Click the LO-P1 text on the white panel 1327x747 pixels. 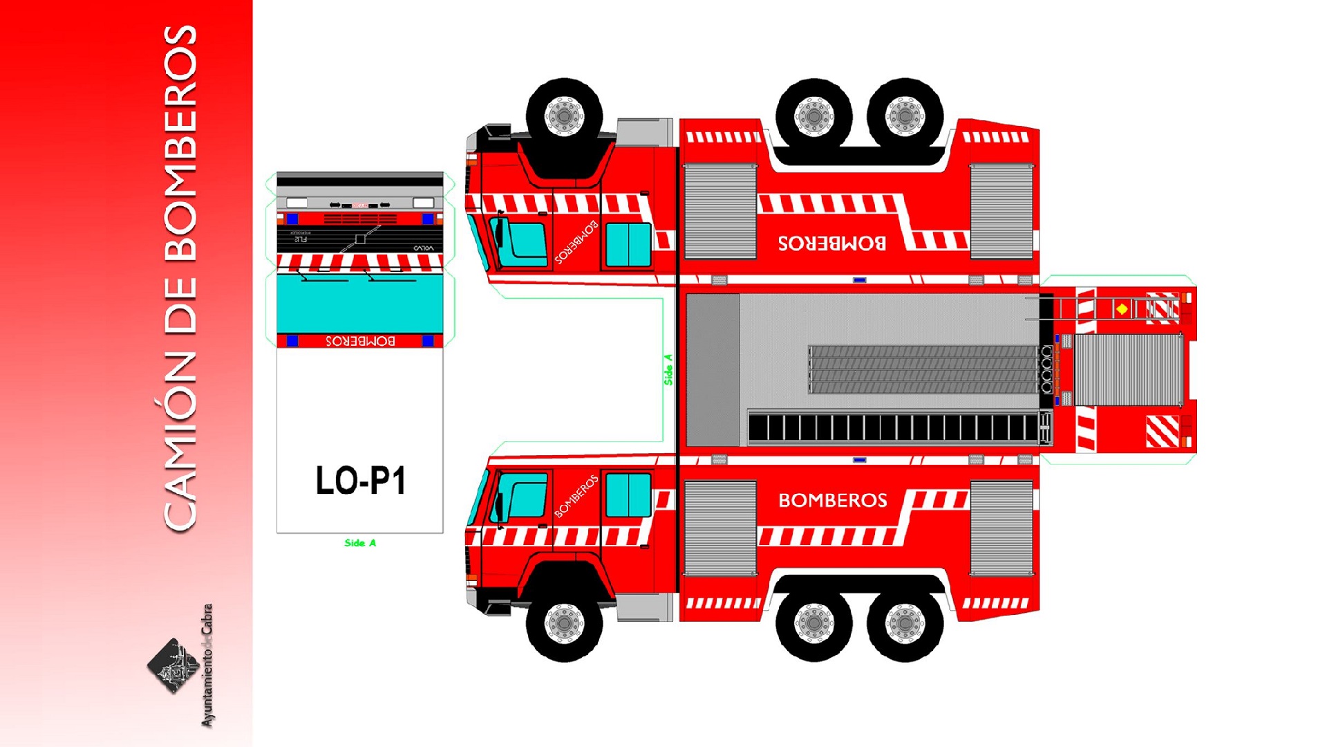coord(360,481)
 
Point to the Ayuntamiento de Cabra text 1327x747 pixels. coord(207,665)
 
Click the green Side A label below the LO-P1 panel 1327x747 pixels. coord(360,543)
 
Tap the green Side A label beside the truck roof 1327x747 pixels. coord(668,369)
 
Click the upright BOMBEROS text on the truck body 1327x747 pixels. coord(832,500)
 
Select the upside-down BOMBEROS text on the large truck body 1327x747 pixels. coord(832,243)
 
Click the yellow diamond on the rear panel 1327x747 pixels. coord(1122,308)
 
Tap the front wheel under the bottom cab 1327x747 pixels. coord(564,622)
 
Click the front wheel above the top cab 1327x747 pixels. coord(564,116)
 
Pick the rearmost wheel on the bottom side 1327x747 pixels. coord(905,622)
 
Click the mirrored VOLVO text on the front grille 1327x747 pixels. coord(423,248)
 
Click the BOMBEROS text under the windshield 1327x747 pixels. coord(360,341)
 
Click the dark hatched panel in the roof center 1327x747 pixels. coord(923,369)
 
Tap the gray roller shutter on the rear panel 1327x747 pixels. coord(1128,369)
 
